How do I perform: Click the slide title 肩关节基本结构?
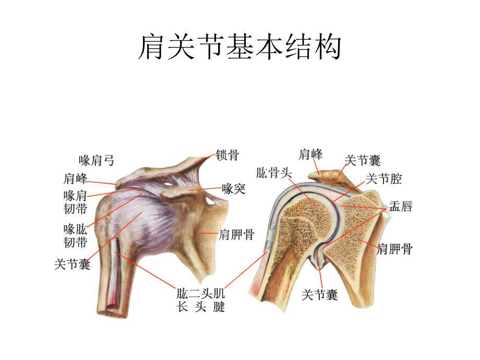click(x=239, y=47)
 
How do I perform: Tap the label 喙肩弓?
click(x=97, y=160)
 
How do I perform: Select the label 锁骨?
click(x=227, y=155)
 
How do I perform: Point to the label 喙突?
click(x=234, y=189)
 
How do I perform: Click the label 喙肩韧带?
click(x=75, y=202)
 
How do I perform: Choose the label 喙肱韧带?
click(x=75, y=236)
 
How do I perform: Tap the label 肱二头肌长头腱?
click(x=201, y=300)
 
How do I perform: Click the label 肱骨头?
click(x=274, y=173)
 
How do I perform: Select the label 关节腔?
click(x=383, y=179)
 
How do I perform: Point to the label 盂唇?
click(x=401, y=206)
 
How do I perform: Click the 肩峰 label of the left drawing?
click(x=75, y=179)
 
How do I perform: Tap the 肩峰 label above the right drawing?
click(x=310, y=154)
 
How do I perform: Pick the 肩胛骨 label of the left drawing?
click(x=237, y=235)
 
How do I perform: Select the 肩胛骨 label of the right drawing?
click(x=395, y=249)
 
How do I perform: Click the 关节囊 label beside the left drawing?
click(x=72, y=264)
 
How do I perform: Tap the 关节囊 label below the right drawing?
click(x=320, y=295)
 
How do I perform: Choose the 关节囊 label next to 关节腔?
click(x=363, y=160)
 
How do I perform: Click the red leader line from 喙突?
click(x=205, y=189)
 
